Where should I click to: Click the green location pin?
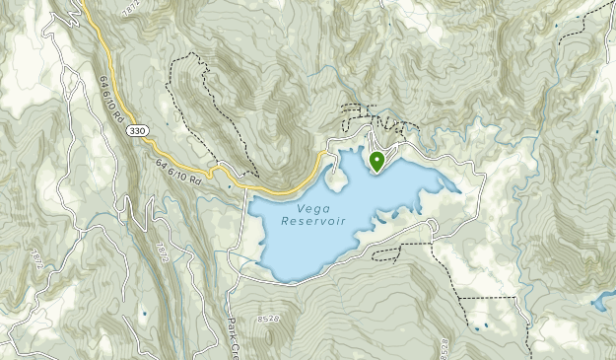(x=376, y=160)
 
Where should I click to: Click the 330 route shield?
(x=138, y=131)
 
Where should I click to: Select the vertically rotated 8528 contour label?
(x=445, y=345)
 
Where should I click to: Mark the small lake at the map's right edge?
(x=602, y=303)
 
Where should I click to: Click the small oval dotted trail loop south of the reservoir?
(x=390, y=252)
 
